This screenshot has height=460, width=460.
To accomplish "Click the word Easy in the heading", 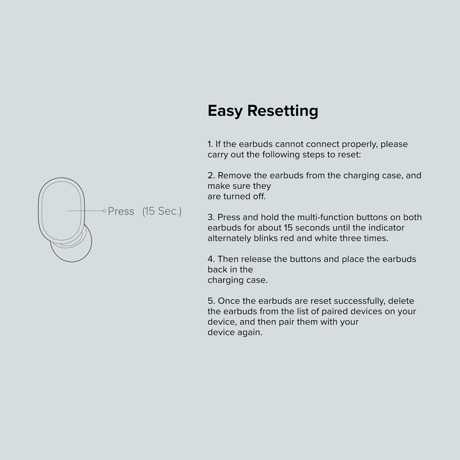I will tap(225, 111).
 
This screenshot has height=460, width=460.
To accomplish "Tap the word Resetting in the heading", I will tap(282, 111).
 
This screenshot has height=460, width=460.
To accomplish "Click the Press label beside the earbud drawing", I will tap(121, 211).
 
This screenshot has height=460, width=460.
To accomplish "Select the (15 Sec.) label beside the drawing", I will tap(162, 211).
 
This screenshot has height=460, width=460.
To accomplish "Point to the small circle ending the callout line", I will tap(104, 211).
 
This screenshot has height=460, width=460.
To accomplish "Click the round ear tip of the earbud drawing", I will tap(74, 248).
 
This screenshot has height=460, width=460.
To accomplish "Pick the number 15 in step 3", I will tap(288, 228).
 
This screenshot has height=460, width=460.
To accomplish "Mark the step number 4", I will tap(211, 259).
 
